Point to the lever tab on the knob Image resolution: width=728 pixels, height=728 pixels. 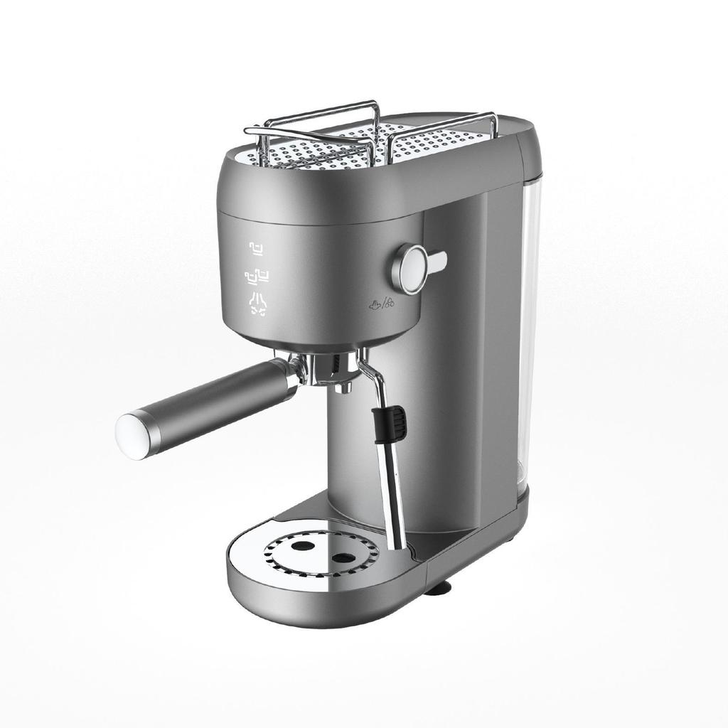tap(435, 262)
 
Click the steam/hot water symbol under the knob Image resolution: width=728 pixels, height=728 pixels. tap(380, 305)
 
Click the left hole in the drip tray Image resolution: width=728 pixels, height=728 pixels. tap(303, 546)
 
